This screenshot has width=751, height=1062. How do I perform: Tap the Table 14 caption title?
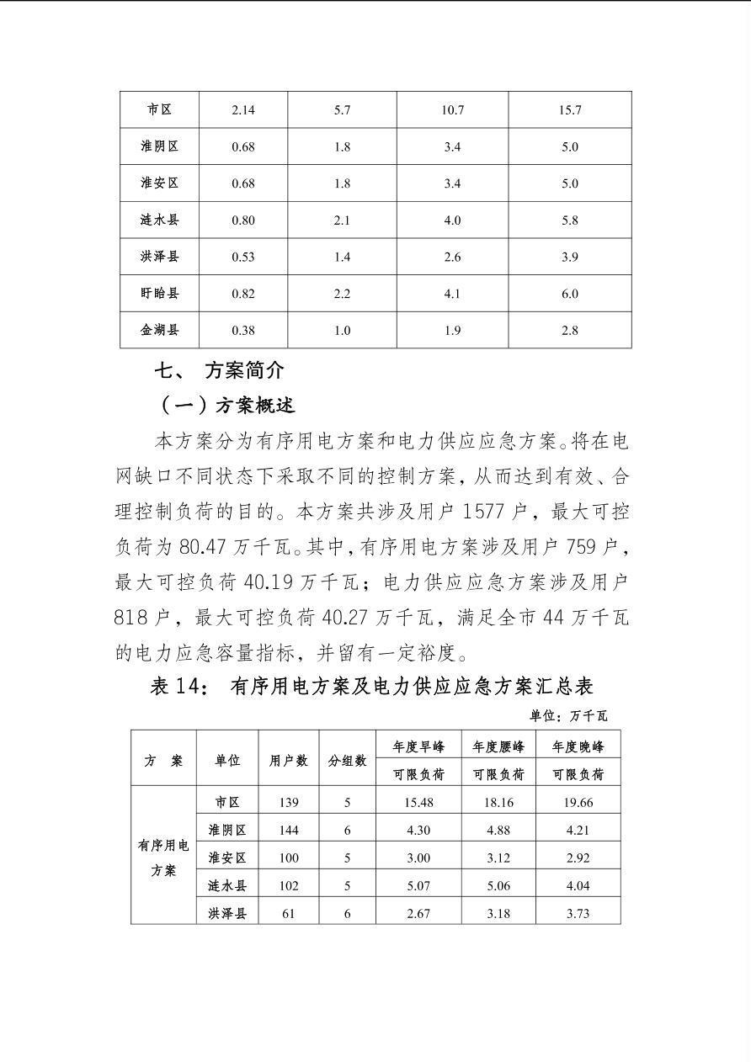coord(371,686)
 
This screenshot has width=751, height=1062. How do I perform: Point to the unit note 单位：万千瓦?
coord(568,716)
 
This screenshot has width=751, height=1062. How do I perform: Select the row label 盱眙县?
coord(159,294)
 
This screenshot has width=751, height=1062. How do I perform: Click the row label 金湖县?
coord(159,330)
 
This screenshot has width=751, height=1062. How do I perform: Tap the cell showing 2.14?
coord(243,110)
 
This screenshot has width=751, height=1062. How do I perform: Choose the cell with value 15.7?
coord(569,110)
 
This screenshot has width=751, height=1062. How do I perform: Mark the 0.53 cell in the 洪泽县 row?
coord(243,257)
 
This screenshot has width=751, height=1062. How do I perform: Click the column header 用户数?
coord(289,760)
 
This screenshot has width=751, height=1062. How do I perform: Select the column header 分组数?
coord(347,760)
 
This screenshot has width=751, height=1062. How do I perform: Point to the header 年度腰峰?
coord(498,746)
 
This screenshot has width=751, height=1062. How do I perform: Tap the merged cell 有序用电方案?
coord(163,857)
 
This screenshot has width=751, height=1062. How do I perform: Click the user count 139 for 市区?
coord(289,803)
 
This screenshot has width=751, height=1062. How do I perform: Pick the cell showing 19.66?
coord(578,803)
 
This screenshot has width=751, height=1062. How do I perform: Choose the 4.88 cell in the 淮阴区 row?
coord(498,831)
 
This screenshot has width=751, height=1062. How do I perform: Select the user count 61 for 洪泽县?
coord(289,913)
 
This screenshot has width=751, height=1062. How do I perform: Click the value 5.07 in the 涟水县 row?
coord(418,885)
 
